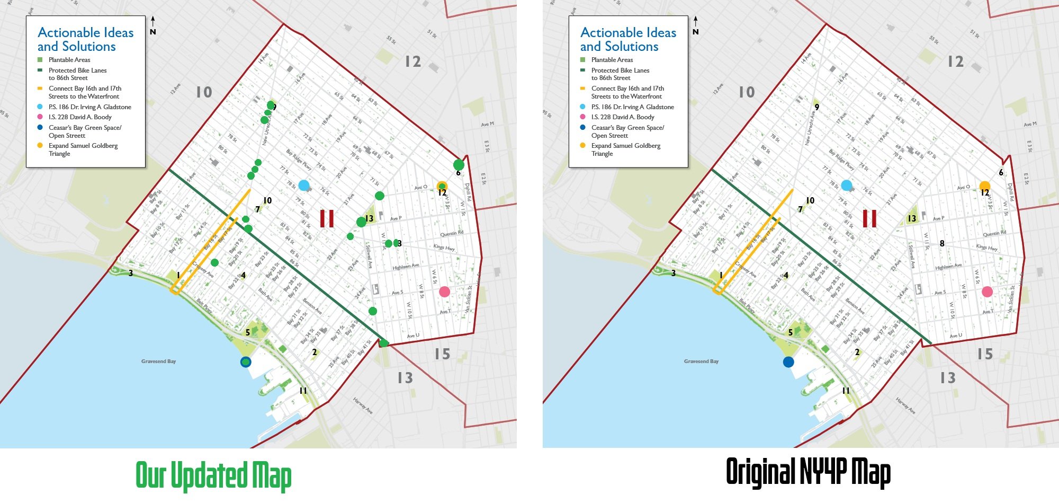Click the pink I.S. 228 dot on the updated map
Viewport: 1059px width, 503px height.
click(444, 292)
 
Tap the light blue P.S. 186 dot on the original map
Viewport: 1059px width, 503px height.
click(846, 185)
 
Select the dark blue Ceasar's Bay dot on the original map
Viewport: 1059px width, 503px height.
click(788, 362)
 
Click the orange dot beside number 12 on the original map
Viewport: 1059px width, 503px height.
click(984, 186)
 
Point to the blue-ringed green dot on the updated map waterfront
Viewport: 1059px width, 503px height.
click(246, 362)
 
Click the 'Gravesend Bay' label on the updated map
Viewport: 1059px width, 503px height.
click(158, 361)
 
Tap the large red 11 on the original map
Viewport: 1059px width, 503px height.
click(869, 218)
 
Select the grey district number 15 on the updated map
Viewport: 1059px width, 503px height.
click(442, 354)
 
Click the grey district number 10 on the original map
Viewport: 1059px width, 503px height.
click(747, 92)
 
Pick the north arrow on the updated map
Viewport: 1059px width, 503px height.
click(152, 25)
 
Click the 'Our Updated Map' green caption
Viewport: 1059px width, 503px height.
click(213, 475)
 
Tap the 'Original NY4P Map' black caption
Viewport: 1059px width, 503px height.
click(808, 472)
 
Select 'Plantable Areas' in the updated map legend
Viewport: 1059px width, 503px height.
click(69, 60)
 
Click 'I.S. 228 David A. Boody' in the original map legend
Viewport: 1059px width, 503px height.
click(623, 117)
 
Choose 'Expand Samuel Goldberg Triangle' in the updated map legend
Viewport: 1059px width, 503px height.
click(83, 149)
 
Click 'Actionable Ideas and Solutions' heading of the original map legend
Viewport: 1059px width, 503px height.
click(628, 40)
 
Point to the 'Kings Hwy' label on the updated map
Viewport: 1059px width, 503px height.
click(444, 248)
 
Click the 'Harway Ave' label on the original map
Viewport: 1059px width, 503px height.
click(905, 405)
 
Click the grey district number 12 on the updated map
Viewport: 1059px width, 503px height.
click(413, 61)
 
